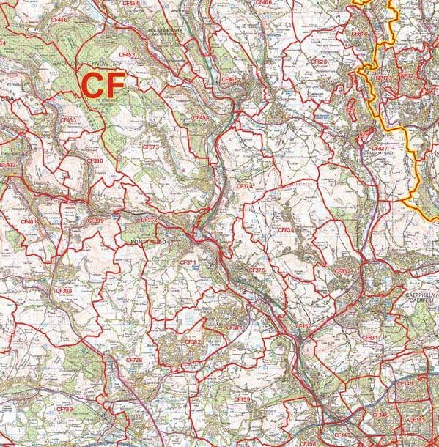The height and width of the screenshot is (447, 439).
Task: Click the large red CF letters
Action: tap(102, 84)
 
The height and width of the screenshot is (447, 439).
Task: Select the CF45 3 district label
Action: tap(127, 54)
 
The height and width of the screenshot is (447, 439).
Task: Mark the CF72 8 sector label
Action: tap(134, 361)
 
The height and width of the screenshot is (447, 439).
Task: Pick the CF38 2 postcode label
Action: tap(193, 341)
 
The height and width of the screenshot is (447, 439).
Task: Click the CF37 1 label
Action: tap(188, 262)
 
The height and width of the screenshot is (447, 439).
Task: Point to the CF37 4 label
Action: tap(245, 187)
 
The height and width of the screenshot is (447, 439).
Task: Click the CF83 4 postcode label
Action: tap(286, 230)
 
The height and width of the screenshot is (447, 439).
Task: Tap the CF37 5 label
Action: tap(256, 270)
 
